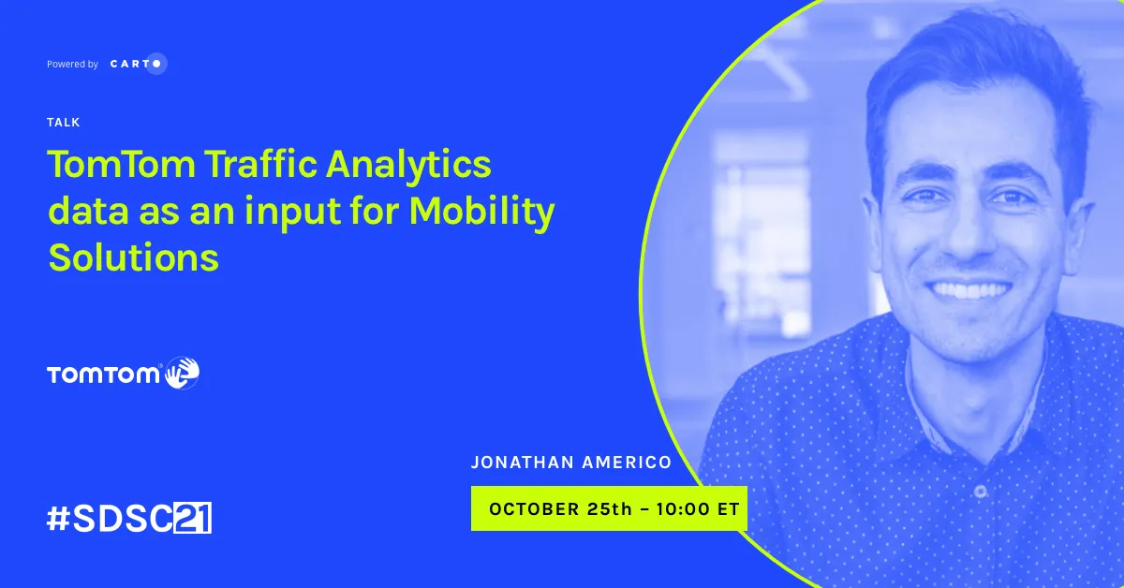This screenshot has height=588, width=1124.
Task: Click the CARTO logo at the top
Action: (x=139, y=64)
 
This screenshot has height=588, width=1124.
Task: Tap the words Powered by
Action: (x=72, y=65)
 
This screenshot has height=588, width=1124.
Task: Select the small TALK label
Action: (x=64, y=123)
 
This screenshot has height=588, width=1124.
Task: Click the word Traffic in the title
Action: (x=260, y=164)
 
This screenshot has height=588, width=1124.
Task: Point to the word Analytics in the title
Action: (x=408, y=167)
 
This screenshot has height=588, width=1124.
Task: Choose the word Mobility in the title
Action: (x=482, y=213)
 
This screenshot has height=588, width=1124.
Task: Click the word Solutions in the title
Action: (x=133, y=257)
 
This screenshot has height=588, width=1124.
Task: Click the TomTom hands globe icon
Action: (x=183, y=373)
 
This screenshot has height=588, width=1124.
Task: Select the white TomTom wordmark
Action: (x=103, y=375)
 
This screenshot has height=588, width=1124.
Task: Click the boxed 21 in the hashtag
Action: (x=193, y=517)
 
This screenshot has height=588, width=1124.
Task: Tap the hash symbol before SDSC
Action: (x=58, y=519)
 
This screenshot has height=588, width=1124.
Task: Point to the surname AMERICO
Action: (x=628, y=463)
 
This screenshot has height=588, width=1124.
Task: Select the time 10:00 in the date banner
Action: (x=683, y=509)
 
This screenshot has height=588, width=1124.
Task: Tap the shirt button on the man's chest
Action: (x=980, y=491)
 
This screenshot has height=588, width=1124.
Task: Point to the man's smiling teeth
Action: (x=969, y=290)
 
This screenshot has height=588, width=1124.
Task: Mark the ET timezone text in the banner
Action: (x=729, y=509)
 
